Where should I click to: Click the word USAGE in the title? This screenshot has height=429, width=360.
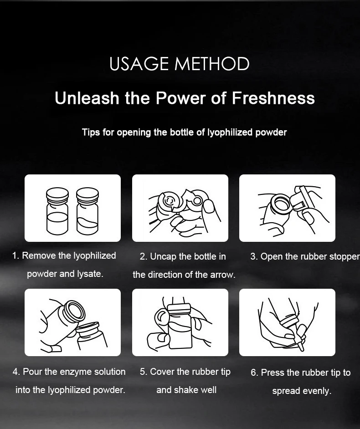click(x=139, y=64)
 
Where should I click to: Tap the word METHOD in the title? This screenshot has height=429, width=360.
click(x=212, y=64)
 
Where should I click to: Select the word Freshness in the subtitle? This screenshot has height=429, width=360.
click(x=273, y=98)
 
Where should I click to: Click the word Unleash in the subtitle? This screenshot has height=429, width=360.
click(x=87, y=98)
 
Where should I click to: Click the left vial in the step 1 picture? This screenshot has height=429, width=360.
click(x=57, y=211)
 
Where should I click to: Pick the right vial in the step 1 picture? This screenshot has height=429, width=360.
click(x=87, y=211)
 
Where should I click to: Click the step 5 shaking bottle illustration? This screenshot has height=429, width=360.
click(x=180, y=322)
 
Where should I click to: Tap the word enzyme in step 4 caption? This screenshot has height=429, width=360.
click(x=76, y=372)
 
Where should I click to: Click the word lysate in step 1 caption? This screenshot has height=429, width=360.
click(x=90, y=274)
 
